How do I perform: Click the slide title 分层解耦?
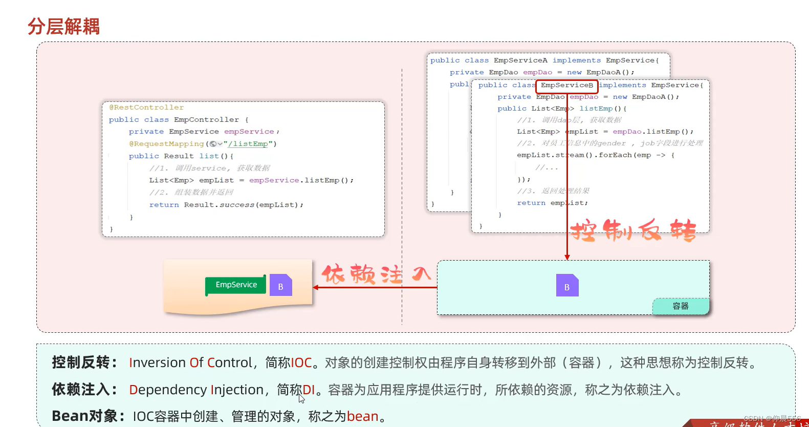click(x=63, y=27)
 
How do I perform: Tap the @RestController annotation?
click(x=146, y=108)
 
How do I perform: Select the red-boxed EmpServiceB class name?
click(x=567, y=86)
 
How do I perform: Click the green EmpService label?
click(x=236, y=285)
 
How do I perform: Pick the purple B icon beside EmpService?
click(x=280, y=286)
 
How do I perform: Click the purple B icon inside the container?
click(x=567, y=286)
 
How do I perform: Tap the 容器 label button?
click(x=681, y=306)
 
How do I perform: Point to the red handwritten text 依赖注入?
click(x=376, y=274)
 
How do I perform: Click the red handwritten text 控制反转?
click(x=633, y=230)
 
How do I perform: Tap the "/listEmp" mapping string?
click(x=248, y=144)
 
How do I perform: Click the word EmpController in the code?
click(x=206, y=120)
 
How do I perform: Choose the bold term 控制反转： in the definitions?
click(x=84, y=362)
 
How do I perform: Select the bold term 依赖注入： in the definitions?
click(x=84, y=390)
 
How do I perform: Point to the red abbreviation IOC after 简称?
click(x=301, y=363)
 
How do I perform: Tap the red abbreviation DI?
click(x=309, y=390)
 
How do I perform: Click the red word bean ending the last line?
click(x=362, y=417)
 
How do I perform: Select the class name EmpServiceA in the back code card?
click(x=520, y=60)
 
